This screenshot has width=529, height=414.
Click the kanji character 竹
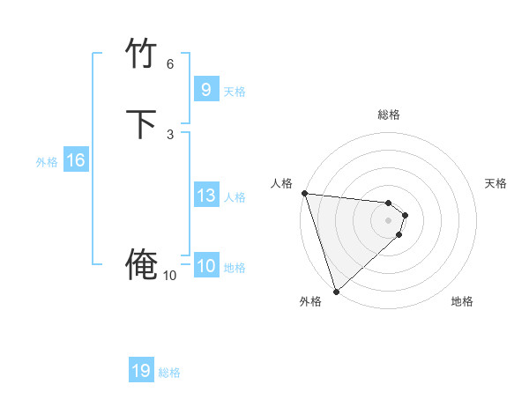(142, 55)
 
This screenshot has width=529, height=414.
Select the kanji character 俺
(142, 265)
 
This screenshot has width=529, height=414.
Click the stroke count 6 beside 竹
(170, 64)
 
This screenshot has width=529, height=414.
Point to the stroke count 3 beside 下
(170, 135)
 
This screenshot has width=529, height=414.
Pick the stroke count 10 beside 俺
(169, 276)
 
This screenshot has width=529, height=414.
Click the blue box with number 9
(205, 90)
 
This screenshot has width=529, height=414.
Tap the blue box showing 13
(205, 196)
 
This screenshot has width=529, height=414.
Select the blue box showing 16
(75, 160)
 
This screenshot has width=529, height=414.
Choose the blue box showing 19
(141, 371)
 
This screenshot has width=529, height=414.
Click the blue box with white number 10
(205, 266)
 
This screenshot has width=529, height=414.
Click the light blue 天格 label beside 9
(235, 92)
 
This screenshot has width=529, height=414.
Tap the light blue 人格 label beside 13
(235, 197)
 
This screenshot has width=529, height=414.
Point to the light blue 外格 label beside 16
(46, 162)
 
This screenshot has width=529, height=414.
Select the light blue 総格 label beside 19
(169, 373)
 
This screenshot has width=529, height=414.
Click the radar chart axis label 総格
(389, 115)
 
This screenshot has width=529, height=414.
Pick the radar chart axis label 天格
(495, 183)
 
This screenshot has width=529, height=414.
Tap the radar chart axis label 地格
(462, 302)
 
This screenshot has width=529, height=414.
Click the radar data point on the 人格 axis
(304, 193)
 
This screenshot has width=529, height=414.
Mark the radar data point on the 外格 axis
(336, 291)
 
